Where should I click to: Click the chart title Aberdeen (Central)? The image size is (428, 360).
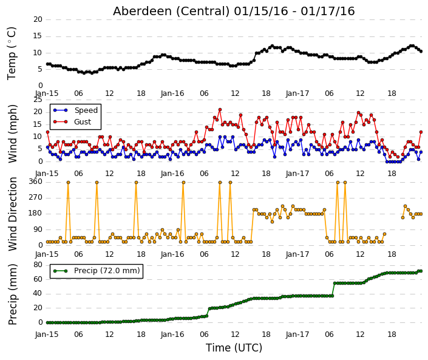coord(171,12)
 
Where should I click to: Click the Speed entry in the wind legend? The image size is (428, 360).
coord(86,110)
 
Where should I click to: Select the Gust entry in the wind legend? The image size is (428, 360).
coord(83,122)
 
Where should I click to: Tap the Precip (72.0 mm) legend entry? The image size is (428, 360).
coord(107,271)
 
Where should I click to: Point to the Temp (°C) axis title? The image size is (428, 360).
coord(12,53)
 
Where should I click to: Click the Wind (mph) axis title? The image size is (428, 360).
coord(12,134)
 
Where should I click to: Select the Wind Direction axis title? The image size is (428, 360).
coord(12,214)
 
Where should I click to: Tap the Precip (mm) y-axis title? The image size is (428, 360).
coord(12,294)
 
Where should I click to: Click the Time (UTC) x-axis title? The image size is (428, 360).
coord(234,348)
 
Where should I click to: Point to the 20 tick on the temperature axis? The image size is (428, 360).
coord(38,19)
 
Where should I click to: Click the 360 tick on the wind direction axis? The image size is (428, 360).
coord(35,182)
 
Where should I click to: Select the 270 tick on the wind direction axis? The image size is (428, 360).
coord(35,197)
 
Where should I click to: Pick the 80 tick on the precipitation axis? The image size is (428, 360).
coord(38,265)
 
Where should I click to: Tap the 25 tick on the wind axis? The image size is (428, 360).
coord(38,100)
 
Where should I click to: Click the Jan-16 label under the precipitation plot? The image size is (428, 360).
coord(172,335)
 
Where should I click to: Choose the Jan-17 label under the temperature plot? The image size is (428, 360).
coord(297,93)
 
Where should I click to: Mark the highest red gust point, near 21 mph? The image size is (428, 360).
coord(220,110)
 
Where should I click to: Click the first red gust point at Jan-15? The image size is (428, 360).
coord(47,132)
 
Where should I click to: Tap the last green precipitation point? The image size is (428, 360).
coord(421,271)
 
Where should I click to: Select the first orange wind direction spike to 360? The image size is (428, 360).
coord(68,182)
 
